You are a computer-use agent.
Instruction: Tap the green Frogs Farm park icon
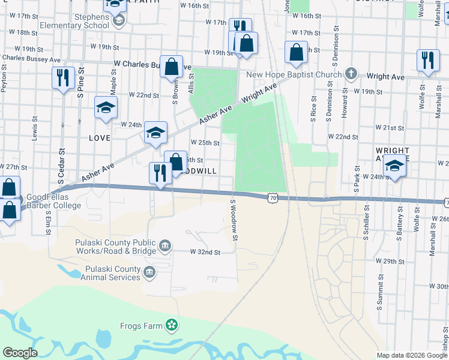click(172, 325)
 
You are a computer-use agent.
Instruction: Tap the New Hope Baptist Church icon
click(352, 74)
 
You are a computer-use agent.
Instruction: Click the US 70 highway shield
click(273, 197)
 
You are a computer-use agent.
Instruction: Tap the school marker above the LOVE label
click(106, 108)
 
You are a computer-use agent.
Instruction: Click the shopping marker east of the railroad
click(296, 53)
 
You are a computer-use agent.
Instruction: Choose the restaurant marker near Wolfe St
click(427, 61)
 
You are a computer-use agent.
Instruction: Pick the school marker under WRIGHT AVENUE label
click(394, 166)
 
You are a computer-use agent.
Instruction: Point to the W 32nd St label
click(206, 253)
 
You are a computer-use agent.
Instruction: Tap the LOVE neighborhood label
click(100, 138)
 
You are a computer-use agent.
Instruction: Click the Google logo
click(20, 353)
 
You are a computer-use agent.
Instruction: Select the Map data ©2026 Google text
click(411, 355)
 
